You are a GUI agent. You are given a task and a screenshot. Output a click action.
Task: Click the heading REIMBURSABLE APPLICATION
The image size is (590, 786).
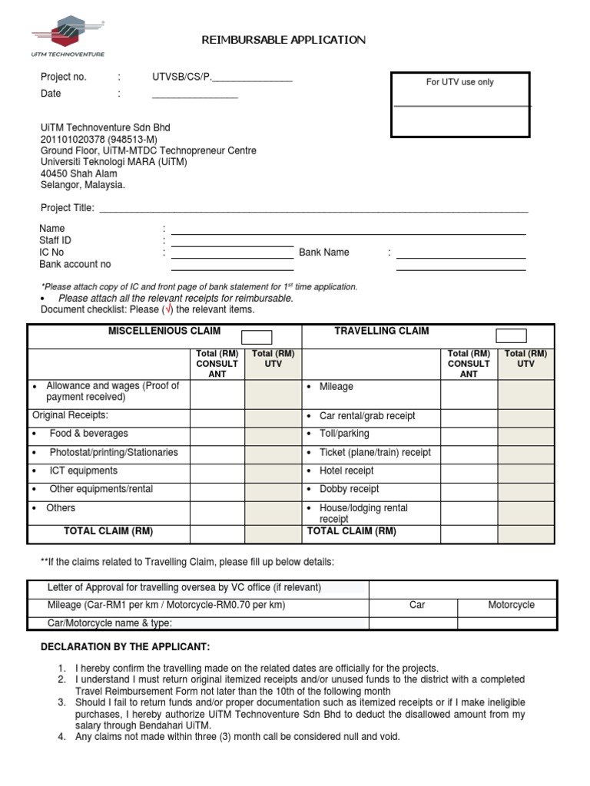pyautogui.click(x=283, y=40)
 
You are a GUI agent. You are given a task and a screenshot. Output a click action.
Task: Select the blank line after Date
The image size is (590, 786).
pyautogui.click(x=195, y=94)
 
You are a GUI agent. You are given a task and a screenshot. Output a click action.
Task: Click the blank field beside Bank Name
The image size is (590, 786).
pyautogui.click(x=461, y=253)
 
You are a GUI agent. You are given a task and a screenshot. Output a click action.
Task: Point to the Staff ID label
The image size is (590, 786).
pyautogui.click(x=55, y=240)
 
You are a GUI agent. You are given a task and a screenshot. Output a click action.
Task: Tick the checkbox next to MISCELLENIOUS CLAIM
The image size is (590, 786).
pyautogui.click(x=257, y=336)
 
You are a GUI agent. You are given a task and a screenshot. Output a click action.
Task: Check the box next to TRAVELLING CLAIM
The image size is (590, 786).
pyautogui.click(x=511, y=335)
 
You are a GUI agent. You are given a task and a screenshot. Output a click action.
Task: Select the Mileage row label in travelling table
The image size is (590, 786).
pyautogui.click(x=336, y=387)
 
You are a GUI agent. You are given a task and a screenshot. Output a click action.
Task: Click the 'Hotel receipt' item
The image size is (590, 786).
pyautogui.click(x=346, y=471)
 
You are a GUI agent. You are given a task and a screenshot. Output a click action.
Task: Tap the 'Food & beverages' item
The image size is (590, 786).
pyautogui.click(x=88, y=434)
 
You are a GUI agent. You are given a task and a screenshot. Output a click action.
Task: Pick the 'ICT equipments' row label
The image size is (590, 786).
pyautogui.click(x=83, y=471)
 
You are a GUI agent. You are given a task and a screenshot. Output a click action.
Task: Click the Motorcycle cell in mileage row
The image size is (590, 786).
pyautogui.click(x=512, y=605)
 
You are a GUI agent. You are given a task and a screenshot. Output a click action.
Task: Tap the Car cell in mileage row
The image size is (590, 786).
pyautogui.click(x=417, y=605)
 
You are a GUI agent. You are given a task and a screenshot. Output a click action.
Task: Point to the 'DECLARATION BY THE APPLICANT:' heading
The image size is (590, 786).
pyautogui.click(x=125, y=647)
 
